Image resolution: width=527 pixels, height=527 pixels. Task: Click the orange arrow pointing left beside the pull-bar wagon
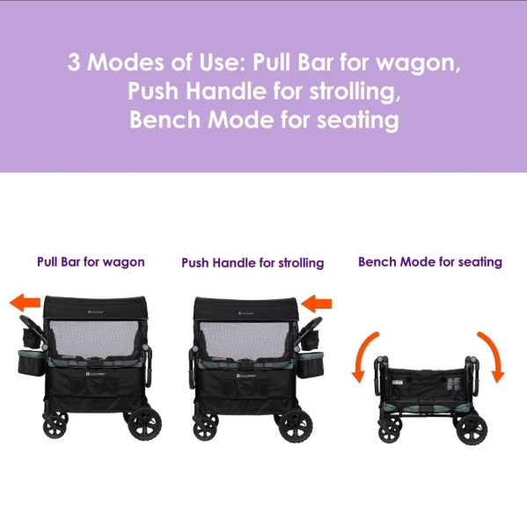tap(25, 302)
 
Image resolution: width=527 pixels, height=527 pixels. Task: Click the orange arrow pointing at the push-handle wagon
tap(316, 304)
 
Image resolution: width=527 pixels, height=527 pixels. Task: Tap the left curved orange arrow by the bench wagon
tap(363, 356)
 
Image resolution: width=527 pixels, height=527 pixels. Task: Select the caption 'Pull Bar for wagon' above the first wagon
tap(91, 262)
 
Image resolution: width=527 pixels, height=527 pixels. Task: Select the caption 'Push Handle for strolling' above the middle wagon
tap(253, 262)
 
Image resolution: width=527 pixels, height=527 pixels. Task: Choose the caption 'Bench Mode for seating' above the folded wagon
tap(430, 262)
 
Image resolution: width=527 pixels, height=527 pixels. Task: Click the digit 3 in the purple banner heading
tap(74, 62)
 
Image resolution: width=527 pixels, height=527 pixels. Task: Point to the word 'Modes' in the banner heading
tap(126, 62)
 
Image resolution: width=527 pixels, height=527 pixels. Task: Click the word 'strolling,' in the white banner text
tap(355, 91)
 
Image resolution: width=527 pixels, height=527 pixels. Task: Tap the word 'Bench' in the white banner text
tap(165, 120)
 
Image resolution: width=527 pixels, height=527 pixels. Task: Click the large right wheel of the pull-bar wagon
tap(145, 424)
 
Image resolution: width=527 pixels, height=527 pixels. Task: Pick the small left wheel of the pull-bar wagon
tap(55, 425)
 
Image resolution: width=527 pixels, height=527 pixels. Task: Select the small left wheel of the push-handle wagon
tap(205, 427)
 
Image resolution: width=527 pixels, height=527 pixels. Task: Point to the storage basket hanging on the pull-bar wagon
tap(31, 362)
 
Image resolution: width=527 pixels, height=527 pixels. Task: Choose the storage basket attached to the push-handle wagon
tap(311, 364)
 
